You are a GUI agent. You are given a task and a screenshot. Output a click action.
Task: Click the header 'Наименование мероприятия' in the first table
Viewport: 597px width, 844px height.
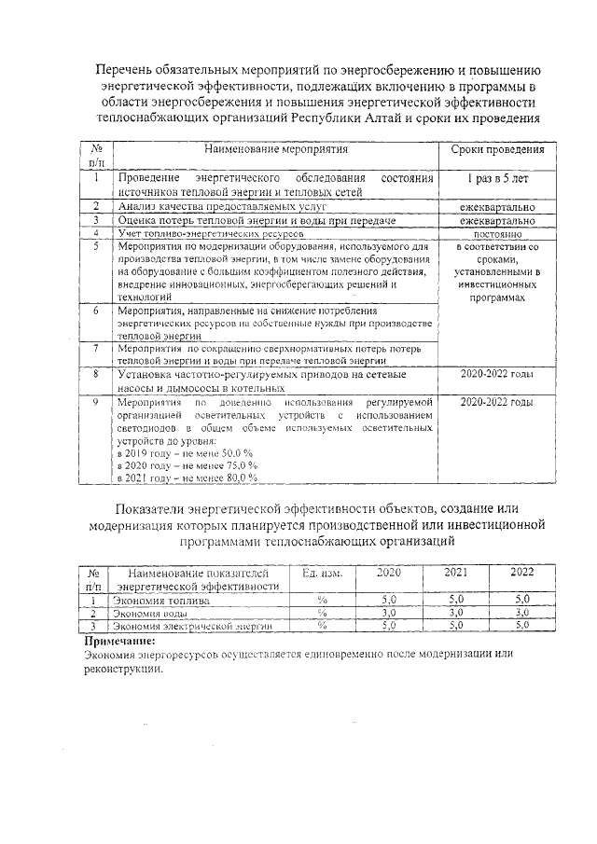tap(277, 148)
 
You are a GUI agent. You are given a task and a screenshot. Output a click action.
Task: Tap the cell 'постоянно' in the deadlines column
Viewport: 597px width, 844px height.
tap(497, 233)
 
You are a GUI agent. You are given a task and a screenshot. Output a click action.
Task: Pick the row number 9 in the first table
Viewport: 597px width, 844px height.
tap(96, 402)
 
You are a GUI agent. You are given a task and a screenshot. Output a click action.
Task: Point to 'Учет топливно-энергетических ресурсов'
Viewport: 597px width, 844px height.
tap(211, 233)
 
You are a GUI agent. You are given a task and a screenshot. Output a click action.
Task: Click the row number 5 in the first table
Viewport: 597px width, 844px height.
tap(96, 246)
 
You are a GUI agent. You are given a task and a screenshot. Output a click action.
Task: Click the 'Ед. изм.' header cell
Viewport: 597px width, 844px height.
tap(323, 573)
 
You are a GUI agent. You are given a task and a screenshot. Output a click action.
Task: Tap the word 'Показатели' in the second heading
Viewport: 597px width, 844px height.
tap(157, 507)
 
